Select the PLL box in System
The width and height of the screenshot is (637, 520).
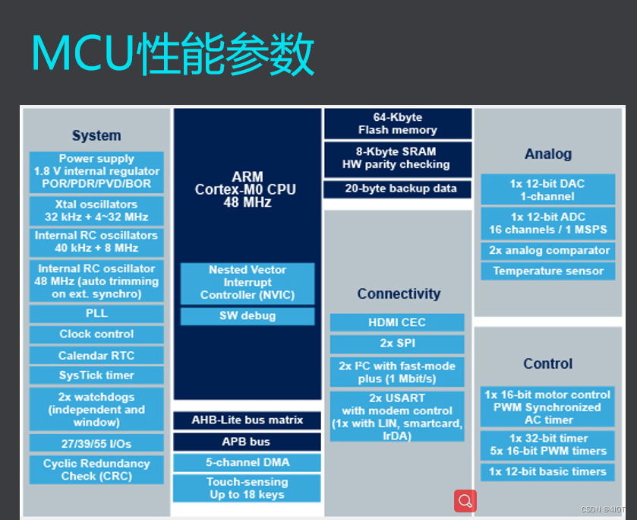pos(96,313)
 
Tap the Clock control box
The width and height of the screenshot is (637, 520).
pos(96,335)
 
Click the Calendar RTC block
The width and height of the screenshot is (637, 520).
pos(96,355)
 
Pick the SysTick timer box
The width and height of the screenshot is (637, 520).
pos(96,376)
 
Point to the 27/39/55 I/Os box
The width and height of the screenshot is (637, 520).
pos(96,442)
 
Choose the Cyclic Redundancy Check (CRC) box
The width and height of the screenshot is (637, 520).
pos(96,470)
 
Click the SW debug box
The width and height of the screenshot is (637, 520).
pos(248,316)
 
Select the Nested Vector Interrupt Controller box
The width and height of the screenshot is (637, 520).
pos(248,283)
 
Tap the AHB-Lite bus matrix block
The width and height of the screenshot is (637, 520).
pos(248,420)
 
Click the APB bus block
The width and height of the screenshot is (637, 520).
pos(248,442)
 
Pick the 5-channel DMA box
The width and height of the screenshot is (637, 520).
pos(248,462)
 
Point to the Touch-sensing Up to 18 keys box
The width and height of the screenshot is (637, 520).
pos(248,488)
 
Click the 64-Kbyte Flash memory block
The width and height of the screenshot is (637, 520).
pos(398,124)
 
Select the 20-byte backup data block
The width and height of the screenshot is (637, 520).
pos(398,189)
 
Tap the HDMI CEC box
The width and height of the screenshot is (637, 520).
pos(397,322)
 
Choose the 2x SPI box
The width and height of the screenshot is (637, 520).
pos(397,344)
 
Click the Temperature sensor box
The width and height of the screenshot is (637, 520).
pos(548,271)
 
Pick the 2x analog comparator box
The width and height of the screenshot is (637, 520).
pos(548,251)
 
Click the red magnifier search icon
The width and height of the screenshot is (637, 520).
pos(465,501)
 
